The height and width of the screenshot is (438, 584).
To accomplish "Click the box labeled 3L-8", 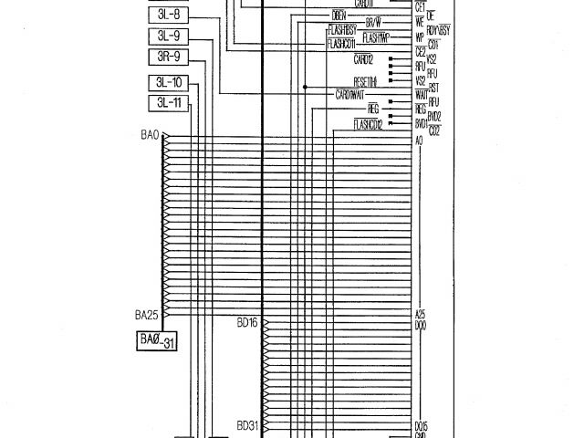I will (169, 16).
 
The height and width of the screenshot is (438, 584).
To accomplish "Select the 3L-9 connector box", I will (169, 37).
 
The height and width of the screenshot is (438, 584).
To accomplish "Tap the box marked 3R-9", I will (169, 57).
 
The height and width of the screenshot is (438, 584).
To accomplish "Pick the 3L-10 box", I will (169, 83).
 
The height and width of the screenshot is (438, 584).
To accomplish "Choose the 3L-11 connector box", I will (169, 102).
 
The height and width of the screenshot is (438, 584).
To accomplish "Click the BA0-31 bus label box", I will (156, 340).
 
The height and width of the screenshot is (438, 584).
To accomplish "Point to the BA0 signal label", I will (151, 135).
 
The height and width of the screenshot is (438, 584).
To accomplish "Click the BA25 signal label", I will (148, 315).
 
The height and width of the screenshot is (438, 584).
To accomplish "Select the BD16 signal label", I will (247, 323).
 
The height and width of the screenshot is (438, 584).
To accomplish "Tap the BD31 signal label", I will (247, 425).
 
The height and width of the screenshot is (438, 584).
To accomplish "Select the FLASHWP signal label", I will (376, 38).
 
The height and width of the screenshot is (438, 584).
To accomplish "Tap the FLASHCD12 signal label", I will (365, 123).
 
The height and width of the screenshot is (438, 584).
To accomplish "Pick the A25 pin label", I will (421, 313).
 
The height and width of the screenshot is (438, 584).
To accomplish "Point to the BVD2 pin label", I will (434, 118).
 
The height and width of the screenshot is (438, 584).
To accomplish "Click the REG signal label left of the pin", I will (395, 108).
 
